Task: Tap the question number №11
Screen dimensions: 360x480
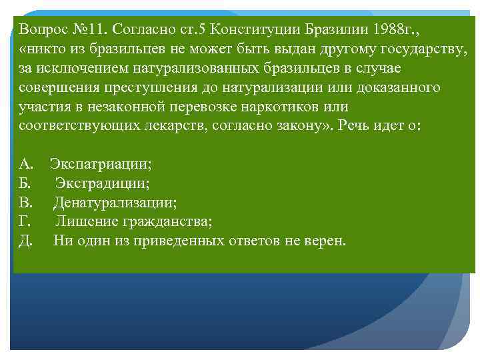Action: pyautogui.click(x=90, y=29)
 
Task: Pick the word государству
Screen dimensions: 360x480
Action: pyautogui.click(x=424, y=49)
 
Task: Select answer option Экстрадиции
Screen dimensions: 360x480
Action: pyautogui.click(x=102, y=183)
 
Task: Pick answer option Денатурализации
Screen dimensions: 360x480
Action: pyautogui.click(x=115, y=202)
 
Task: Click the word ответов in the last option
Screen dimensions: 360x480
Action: pyautogui.click(x=255, y=241)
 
